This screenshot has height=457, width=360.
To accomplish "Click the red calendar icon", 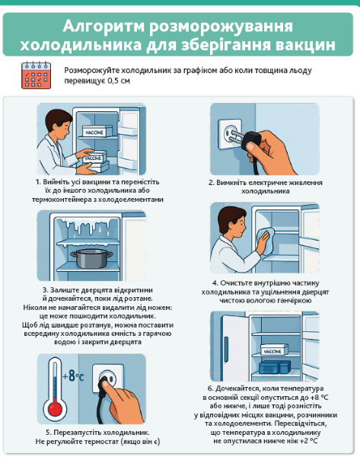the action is tap(36, 75).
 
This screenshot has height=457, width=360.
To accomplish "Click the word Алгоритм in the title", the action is tap(104, 26).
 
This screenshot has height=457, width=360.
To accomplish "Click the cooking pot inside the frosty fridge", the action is tap(91, 257).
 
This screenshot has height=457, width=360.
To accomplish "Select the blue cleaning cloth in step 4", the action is tap(266, 241).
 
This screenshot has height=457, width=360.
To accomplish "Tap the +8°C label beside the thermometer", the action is tap(73, 376).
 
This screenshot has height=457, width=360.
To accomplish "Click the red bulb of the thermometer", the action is tap(55, 407).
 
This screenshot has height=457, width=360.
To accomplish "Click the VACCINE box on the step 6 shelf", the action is tap(273, 350).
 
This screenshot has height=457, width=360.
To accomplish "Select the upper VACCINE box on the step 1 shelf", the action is tap(97, 132).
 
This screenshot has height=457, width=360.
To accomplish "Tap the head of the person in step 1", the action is tap(59, 124).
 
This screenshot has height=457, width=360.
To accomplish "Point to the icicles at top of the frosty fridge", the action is tap(87, 226).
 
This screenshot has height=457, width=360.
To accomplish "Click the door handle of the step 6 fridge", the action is tap(226, 345).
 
